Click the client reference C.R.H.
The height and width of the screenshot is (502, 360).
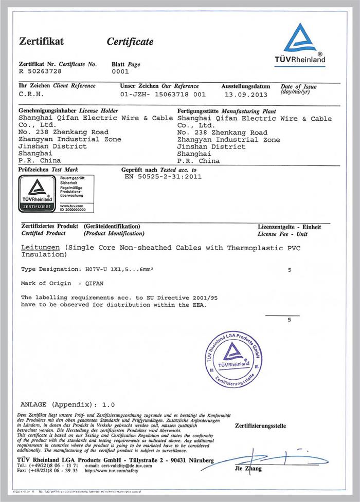click(x=31, y=95)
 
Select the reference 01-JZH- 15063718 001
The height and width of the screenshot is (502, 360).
click(x=163, y=95)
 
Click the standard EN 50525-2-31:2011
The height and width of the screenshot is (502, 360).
click(x=163, y=176)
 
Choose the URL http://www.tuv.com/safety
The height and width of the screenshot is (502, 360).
click(x=111, y=470)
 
